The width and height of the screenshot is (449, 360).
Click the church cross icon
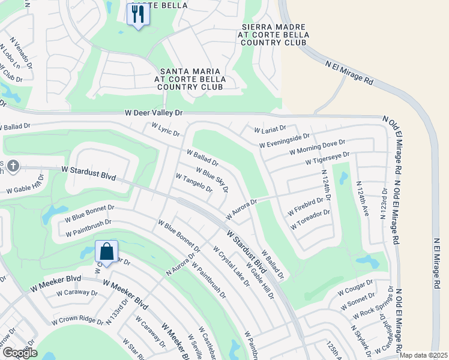click(x=13, y=165)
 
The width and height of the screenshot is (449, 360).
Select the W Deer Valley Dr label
click(x=153, y=112)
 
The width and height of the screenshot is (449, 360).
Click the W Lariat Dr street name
click(x=270, y=130)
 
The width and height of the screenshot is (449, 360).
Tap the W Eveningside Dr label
click(x=285, y=141)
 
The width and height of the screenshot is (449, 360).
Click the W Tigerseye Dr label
click(x=327, y=158)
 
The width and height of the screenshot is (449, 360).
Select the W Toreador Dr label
click(x=310, y=220)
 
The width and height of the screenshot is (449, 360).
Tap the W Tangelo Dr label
click(x=193, y=183)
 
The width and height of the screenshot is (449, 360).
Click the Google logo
click(x=20, y=353)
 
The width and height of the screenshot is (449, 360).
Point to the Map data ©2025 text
click(x=423, y=355)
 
